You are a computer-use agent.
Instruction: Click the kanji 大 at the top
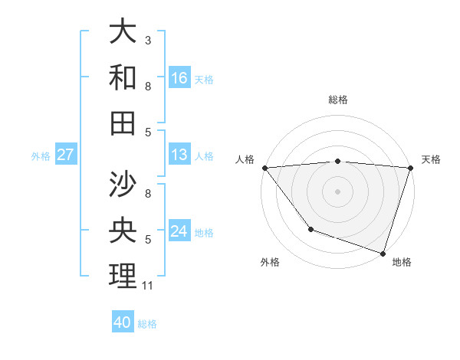(x=123, y=32)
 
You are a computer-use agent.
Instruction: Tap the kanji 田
(x=123, y=123)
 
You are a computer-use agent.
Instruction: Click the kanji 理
(x=123, y=276)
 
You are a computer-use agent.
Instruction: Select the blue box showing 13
(x=179, y=155)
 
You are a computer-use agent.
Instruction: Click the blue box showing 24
(x=179, y=231)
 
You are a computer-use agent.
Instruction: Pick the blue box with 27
(x=66, y=155)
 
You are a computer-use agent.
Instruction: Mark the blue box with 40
(x=123, y=322)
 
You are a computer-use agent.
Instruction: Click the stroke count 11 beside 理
(x=149, y=286)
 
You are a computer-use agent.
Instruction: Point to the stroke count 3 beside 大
(x=148, y=39)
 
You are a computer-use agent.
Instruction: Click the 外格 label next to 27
(x=41, y=155)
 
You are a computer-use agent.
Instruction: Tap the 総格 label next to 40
(x=147, y=324)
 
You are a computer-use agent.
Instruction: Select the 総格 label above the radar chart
(x=338, y=100)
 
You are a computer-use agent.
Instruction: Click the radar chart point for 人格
(x=264, y=168)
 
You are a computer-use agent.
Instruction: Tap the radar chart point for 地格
(x=383, y=253)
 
